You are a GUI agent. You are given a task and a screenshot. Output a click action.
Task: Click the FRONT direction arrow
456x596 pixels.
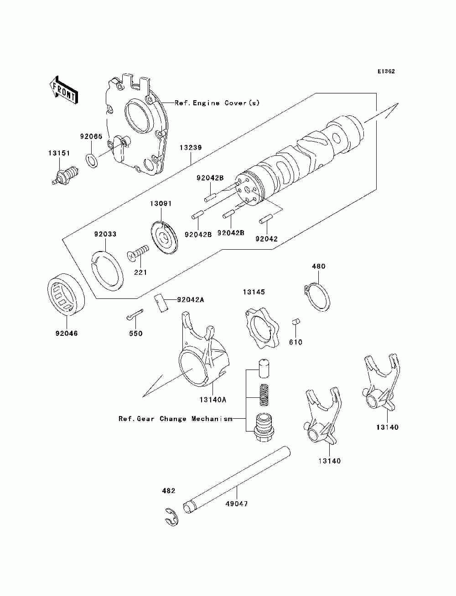[63, 90]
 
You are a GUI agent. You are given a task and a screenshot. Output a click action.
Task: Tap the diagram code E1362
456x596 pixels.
[386, 72]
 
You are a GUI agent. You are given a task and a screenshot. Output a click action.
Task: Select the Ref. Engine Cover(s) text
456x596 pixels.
[217, 103]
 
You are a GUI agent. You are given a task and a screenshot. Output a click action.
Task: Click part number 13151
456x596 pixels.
[59, 153]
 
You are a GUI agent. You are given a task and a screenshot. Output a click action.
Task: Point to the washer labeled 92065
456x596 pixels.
[92, 160]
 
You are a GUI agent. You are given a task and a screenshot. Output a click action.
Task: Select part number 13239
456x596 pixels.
[191, 148]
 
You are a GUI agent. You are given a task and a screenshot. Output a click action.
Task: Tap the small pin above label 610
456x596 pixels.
[295, 322]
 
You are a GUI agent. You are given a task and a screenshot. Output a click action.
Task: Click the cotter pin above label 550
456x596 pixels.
[135, 314]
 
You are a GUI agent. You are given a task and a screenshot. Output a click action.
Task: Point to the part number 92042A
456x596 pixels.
[190, 300]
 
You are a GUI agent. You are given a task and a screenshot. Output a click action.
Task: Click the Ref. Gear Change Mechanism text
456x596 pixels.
[176, 418]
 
